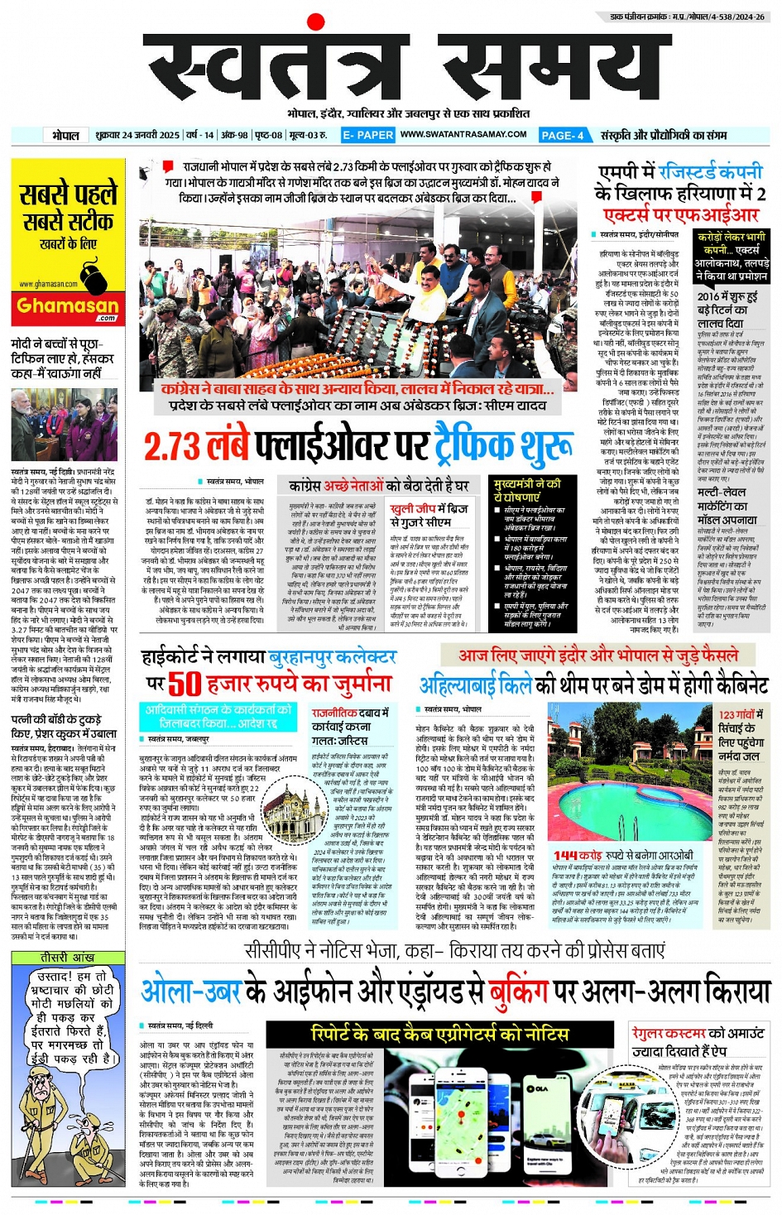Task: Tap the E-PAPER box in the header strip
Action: (368, 135)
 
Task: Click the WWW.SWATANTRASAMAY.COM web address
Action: (463, 134)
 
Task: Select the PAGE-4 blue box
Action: (564, 135)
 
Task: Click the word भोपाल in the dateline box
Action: (65, 135)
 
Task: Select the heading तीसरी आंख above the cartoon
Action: (67, 958)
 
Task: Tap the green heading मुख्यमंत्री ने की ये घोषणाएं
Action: (527, 489)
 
